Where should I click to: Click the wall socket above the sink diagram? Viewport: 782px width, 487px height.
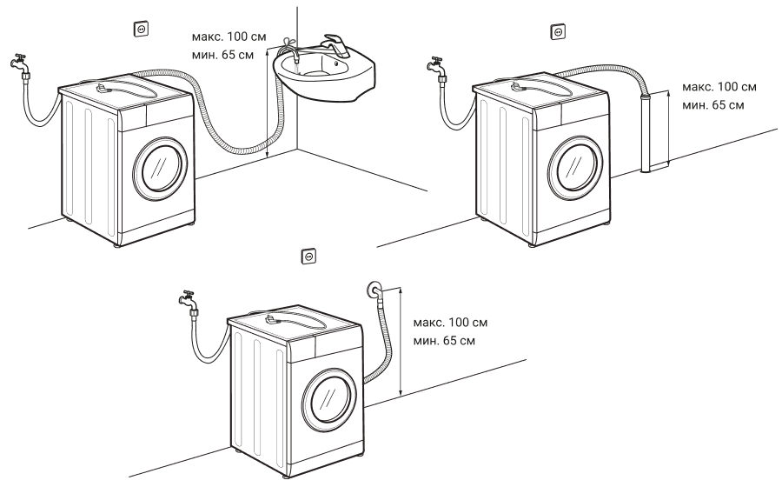pos(140,29)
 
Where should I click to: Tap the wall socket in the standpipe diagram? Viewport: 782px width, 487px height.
pos(558,32)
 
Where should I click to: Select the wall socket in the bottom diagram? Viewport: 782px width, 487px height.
pos(308,256)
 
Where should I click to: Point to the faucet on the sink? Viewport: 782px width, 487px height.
pos(330,43)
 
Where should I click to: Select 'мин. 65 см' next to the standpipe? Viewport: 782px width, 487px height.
pos(713,105)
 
